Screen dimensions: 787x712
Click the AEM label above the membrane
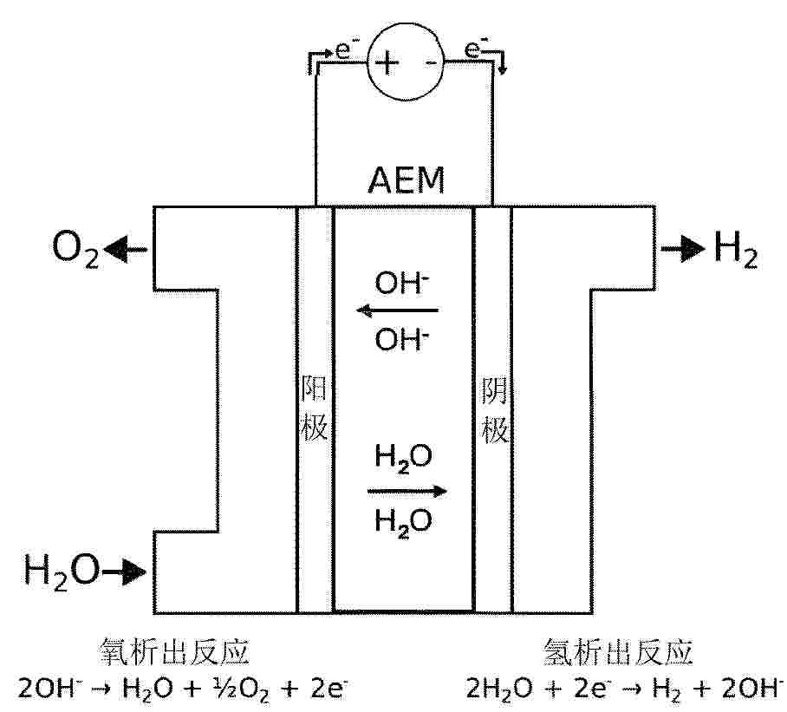[406, 180]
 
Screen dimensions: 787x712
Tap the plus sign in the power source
[387, 62]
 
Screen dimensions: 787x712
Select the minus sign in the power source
[431, 62]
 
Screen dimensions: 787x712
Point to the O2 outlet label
[75, 249]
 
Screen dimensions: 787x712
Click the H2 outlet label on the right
[736, 249]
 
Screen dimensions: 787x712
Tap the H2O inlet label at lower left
[62, 572]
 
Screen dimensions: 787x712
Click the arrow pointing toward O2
[126, 250]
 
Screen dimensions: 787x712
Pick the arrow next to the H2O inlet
[124, 572]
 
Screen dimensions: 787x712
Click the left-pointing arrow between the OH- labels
[397, 310]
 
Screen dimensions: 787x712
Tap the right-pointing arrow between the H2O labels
[407, 491]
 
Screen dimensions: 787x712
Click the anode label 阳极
[314, 408]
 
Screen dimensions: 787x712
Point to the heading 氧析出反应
[175, 652]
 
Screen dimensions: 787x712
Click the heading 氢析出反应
[618, 652]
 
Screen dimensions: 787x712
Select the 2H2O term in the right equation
[499, 689]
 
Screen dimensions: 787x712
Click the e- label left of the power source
[343, 49]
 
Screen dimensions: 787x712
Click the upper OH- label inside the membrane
[401, 282]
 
